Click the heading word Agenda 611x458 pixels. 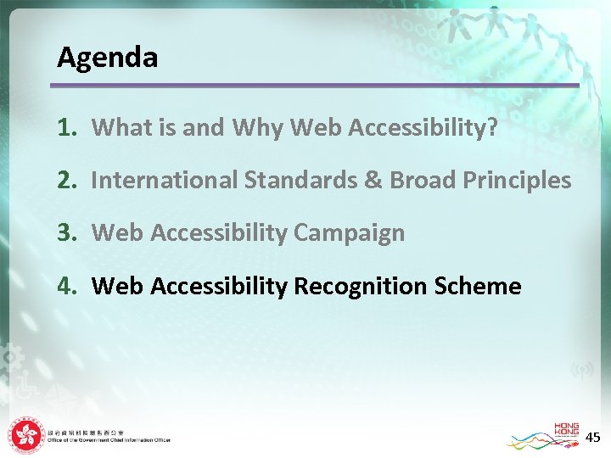(107, 58)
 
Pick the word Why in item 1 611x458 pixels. (258, 127)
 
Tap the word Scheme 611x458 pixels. (477, 286)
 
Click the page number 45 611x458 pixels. (593, 437)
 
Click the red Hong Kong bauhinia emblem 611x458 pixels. (27, 436)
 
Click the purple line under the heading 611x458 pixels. (314, 85)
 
